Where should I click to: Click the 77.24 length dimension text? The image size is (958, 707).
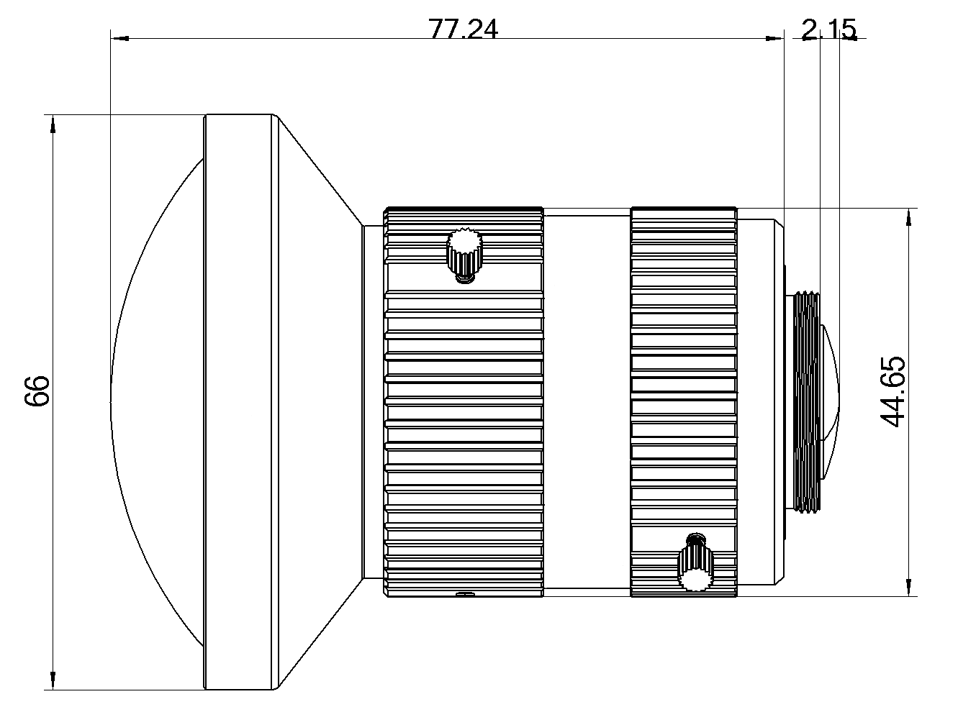click(463, 30)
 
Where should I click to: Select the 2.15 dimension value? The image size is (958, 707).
click(828, 30)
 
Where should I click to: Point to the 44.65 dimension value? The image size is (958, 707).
click(893, 391)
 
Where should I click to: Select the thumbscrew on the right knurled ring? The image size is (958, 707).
click(695, 565)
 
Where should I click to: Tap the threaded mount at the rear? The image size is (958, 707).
click(805, 402)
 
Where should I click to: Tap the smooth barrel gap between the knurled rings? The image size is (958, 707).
click(587, 402)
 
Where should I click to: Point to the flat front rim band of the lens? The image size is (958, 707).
click(239, 402)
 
